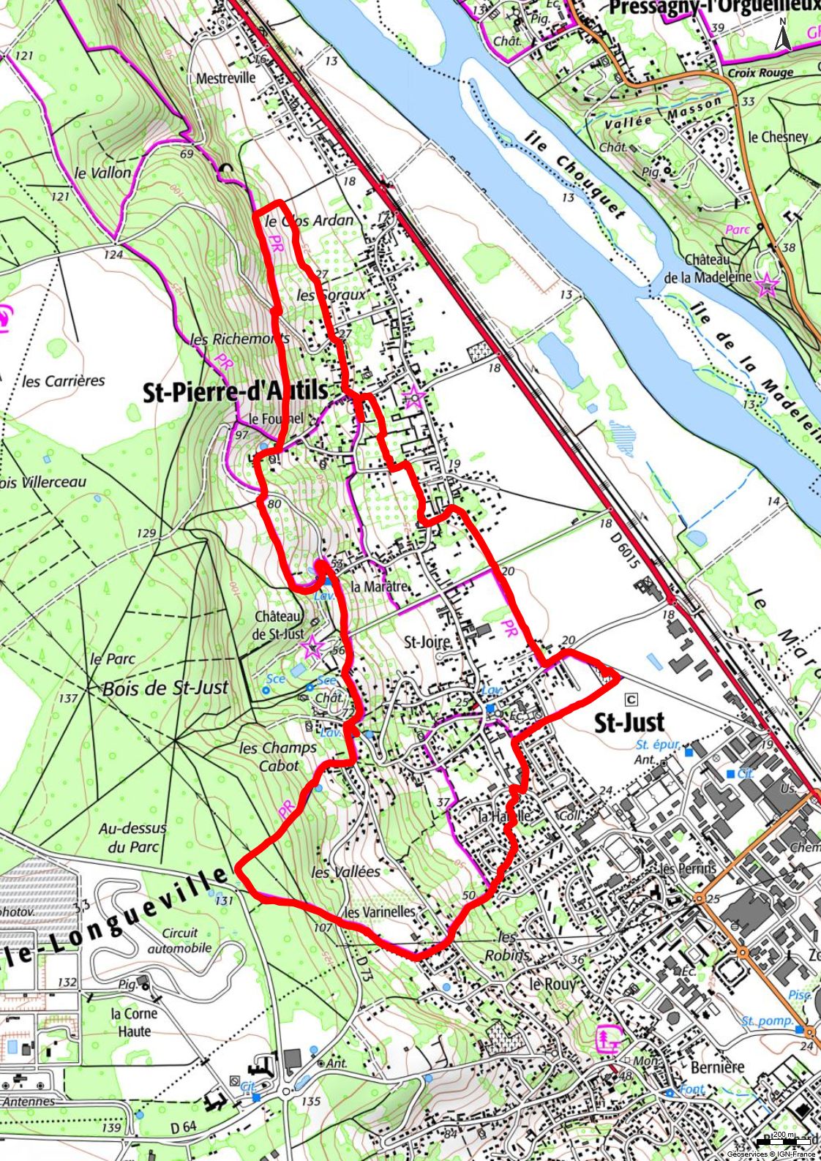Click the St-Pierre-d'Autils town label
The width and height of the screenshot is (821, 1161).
click(236, 391)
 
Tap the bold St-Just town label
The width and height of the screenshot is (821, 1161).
click(629, 723)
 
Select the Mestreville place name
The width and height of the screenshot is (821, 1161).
click(226, 78)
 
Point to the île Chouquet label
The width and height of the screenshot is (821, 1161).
click(575, 176)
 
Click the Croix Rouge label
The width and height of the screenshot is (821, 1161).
click(760, 73)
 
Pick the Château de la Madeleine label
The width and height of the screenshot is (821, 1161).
click(708, 268)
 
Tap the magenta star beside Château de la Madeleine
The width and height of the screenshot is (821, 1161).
click(767, 285)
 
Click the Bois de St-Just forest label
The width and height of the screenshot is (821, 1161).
click(165, 688)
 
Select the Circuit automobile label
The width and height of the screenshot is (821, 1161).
click(179, 940)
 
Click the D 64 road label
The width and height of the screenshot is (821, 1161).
click(183, 1127)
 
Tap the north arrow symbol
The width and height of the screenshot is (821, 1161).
click(782, 35)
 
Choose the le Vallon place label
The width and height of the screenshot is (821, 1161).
click(103, 173)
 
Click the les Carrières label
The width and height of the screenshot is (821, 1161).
click(64, 381)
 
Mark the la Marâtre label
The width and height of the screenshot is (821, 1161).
click(379, 587)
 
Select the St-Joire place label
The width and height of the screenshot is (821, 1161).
click(427, 642)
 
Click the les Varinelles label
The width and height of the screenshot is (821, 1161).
click(380, 912)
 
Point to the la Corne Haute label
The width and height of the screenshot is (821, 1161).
click(135, 1022)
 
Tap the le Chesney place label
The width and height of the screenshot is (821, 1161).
click(778, 137)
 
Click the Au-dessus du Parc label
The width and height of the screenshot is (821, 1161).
click(132, 838)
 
